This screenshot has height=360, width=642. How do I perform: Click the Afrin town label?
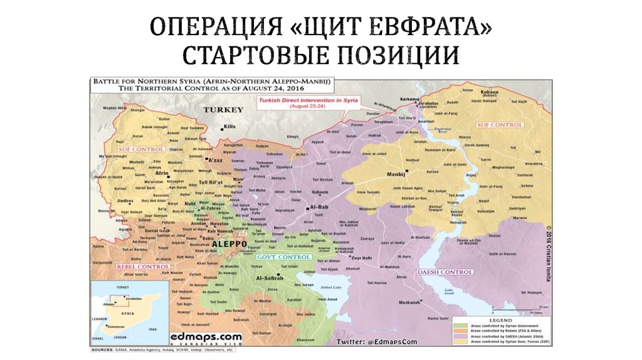tap(144, 172)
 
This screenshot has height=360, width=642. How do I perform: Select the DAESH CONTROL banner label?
tap(445, 272)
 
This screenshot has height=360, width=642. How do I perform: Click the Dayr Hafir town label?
tap(363, 258)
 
